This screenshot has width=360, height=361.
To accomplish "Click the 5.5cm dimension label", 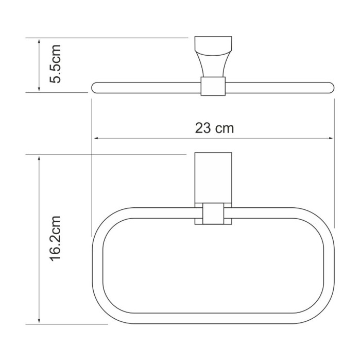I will pyautogui.click(x=55, y=64).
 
